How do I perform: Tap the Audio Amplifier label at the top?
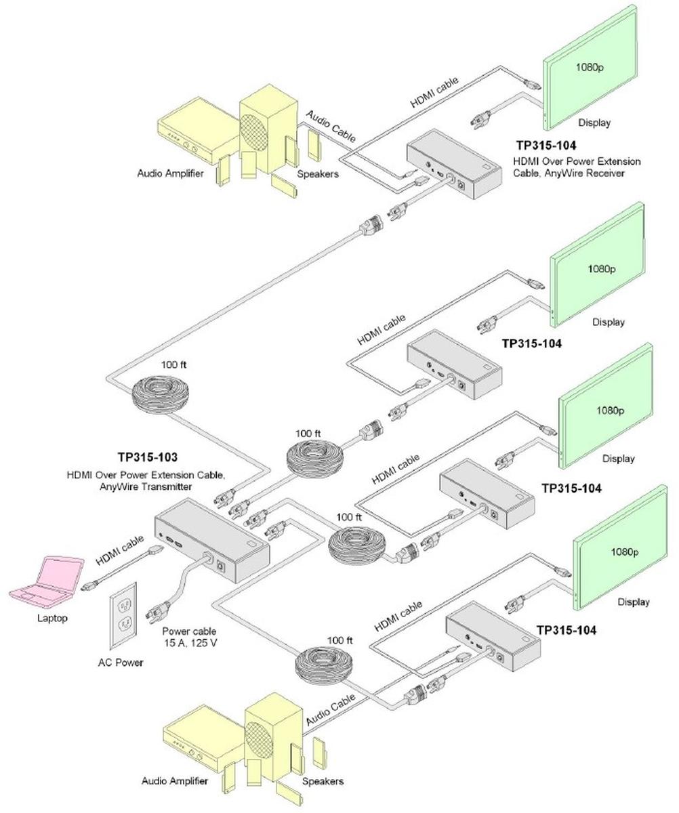pos(170,173)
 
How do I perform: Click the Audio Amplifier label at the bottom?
pos(174,781)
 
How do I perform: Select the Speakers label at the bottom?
pos(323,781)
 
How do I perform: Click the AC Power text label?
pos(121,663)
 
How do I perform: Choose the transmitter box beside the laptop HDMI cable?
pos(212,539)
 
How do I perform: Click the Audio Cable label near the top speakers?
pos(331,125)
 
